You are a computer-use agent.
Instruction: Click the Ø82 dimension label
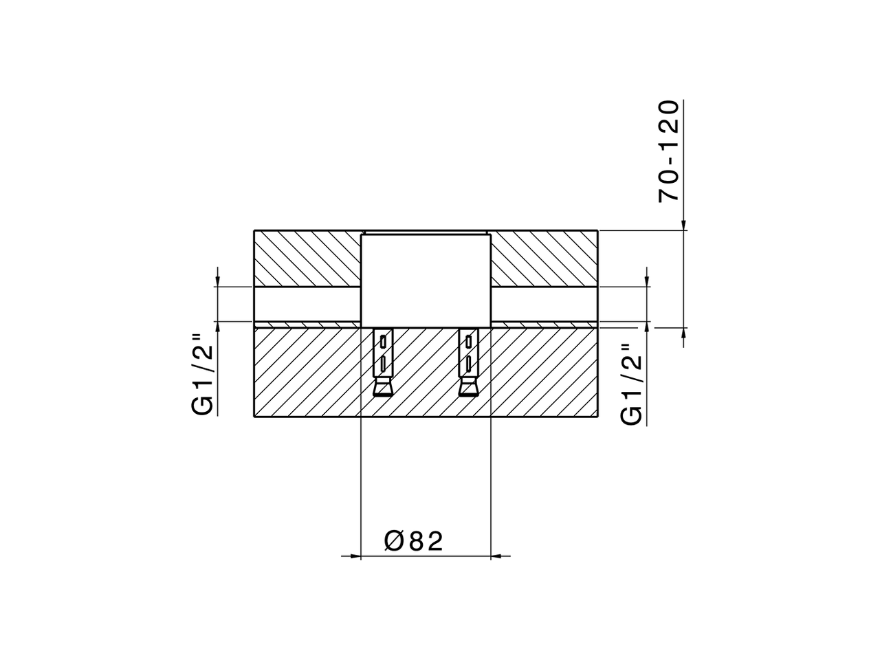tap(414, 540)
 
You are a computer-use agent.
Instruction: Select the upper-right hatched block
tap(544, 257)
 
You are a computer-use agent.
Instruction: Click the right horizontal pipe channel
tap(544, 303)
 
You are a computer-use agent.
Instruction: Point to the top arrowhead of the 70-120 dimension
tap(684, 224)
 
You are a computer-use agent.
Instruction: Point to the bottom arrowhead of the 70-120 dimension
tap(684, 334)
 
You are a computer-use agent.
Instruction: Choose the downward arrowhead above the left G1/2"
tap(217, 280)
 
